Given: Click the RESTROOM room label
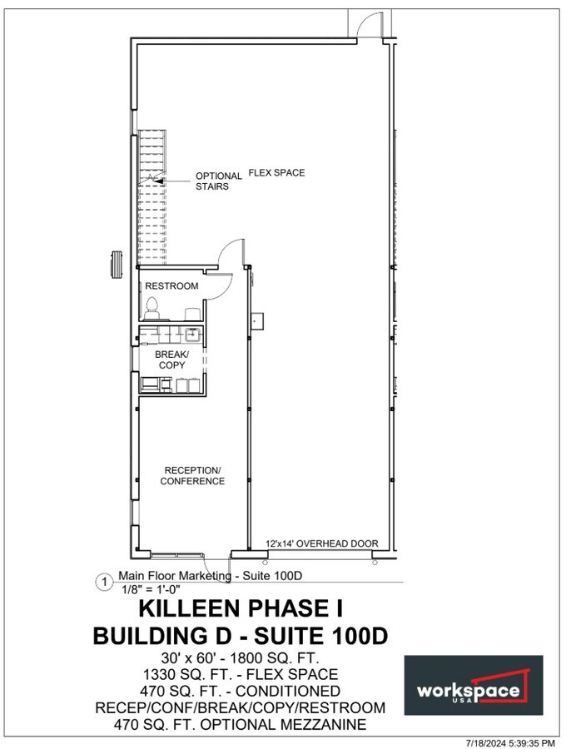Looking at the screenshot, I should (171, 286).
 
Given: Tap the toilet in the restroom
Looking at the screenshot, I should (151, 310).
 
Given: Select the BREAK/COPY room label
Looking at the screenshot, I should (172, 360).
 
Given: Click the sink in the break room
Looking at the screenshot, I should (191, 335).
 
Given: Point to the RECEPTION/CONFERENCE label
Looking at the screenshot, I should (192, 475).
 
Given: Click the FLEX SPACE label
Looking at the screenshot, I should (276, 173).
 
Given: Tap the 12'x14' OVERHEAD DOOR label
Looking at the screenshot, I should (321, 543).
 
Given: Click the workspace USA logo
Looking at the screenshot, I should (473, 685).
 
